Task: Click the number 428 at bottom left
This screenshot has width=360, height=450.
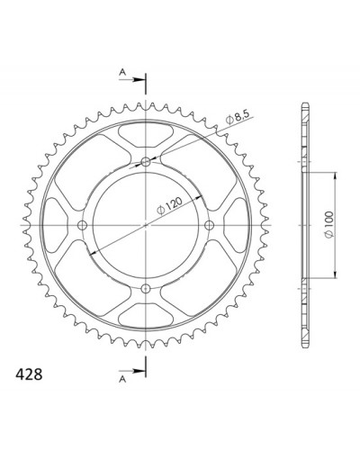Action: point(29,374)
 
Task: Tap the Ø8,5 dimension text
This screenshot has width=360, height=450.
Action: point(238,119)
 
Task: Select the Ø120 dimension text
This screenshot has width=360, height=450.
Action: point(169,205)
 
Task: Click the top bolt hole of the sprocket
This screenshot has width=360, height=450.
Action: point(146,162)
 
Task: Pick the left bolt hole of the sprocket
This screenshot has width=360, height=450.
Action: point(82,225)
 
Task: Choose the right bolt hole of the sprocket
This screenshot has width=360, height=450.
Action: point(209,225)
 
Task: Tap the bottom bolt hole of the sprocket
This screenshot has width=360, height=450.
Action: point(146,289)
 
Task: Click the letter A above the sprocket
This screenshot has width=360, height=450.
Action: point(122,72)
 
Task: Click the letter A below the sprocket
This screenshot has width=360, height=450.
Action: point(122,379)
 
